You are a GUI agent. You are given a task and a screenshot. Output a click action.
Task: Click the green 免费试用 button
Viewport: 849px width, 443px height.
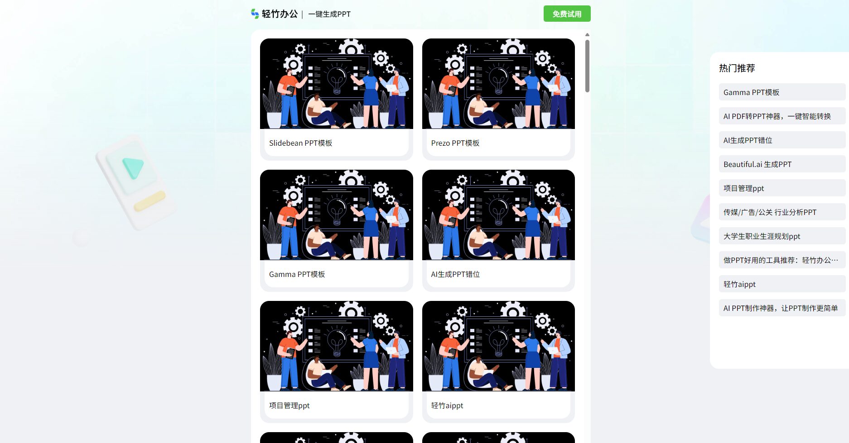[567, 14]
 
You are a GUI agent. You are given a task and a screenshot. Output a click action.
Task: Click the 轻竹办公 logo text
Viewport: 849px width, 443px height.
[280, 14]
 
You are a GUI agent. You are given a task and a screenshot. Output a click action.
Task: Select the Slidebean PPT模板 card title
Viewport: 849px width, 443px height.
[300, 143]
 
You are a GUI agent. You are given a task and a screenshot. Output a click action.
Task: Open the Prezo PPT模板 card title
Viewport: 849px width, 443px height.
[455, 143]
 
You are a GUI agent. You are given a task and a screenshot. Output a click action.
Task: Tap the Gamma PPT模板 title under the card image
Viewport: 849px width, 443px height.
[297, 274]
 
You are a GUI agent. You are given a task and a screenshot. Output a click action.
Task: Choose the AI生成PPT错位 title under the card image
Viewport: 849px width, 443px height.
[455, 274]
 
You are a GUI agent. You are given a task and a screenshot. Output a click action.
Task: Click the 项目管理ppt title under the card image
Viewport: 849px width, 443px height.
[289, 405]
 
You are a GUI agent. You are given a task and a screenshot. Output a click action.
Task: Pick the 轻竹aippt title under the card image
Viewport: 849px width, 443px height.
[447, 405]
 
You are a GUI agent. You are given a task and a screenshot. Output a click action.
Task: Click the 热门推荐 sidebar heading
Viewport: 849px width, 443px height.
[737, 68]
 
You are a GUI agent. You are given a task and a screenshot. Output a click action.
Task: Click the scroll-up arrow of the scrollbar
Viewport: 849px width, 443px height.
[587, 34]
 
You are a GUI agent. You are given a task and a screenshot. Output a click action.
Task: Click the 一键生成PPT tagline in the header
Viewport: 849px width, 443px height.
[329, 14]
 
